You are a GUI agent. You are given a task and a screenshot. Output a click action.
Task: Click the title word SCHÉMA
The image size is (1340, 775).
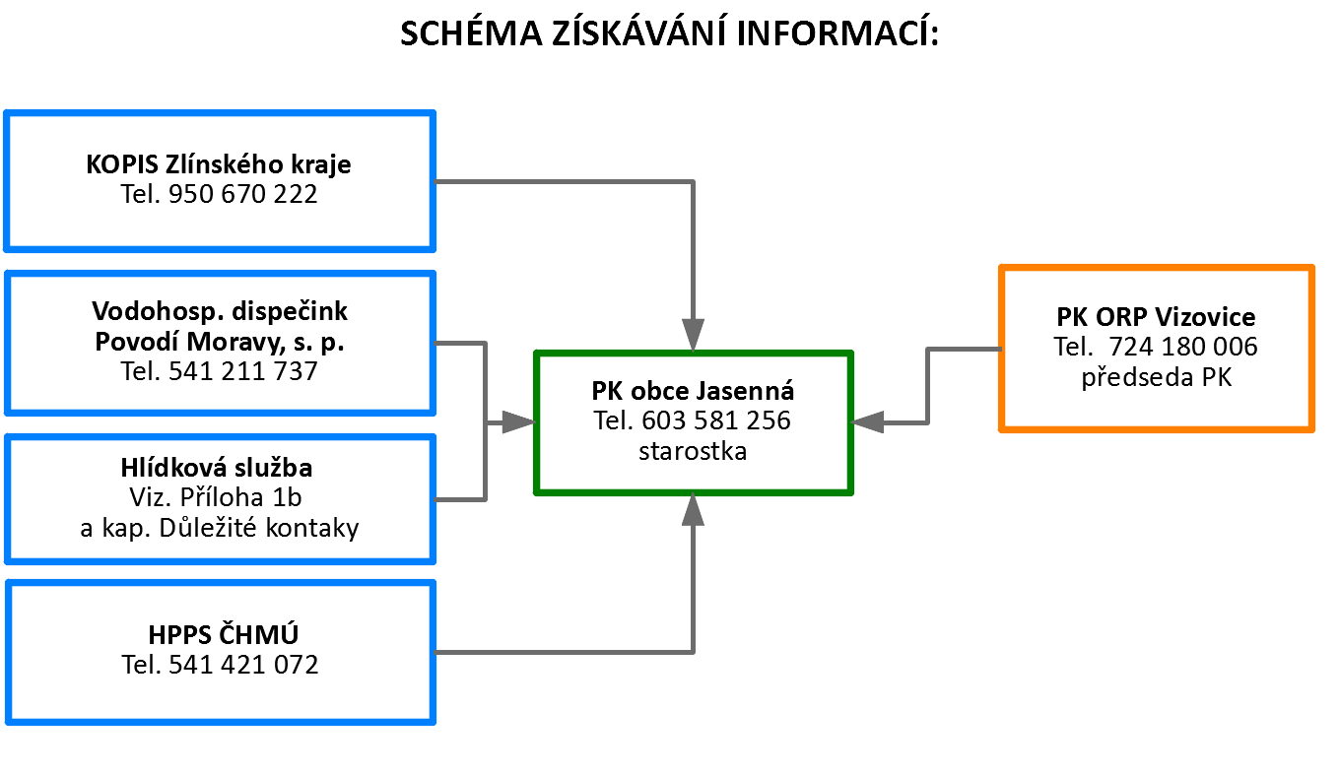pyautogui.click(x=471, y=32)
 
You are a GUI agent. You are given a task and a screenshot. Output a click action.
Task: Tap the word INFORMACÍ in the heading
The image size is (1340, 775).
pyautogui.click(x=837, y=32)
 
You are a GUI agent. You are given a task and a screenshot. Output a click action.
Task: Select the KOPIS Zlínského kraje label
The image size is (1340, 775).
pyautogui.click(x=219, y=163)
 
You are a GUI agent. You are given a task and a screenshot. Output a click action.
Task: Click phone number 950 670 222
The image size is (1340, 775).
pyautogui.click(x=242, y=194)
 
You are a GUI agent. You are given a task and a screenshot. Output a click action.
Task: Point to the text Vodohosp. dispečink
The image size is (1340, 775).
pyautogui.click(x=220, y=311)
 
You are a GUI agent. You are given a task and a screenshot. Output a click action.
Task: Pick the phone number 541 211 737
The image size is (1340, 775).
pyautogui.click(x=242, y=371)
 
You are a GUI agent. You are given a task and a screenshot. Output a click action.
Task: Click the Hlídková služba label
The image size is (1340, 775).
pyautogui.click(x=217, y=468)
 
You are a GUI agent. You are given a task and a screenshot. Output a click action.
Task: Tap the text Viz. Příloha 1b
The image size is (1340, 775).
pyautogui.click(x=216, y=497)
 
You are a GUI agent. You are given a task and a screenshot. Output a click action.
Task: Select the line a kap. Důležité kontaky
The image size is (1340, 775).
pyautogui.click(x=220, y=528)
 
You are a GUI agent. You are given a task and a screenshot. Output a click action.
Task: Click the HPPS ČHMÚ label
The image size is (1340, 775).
pyautogui.click(x=223, y=634)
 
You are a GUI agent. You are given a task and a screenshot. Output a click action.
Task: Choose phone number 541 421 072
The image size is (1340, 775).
pyautogui.click(x=243, y=665)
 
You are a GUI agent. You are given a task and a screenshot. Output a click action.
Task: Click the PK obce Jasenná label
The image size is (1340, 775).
pyautogui.click(x=693, y=391)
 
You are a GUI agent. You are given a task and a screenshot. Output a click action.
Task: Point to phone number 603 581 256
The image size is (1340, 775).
pyautogui.click(x=716, y=420)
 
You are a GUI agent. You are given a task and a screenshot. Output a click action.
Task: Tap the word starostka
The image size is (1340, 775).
pyautogui.click(x=693, y=451)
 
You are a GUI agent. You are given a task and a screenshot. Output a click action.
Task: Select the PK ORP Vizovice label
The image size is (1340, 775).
pyautogui.click(x=1156, y=317)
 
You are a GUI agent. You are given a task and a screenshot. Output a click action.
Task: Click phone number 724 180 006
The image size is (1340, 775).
pyautogui.click(x=1182, y=347)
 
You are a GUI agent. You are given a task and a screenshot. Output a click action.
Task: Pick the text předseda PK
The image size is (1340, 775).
pyautogui.click(x=1157, y=377)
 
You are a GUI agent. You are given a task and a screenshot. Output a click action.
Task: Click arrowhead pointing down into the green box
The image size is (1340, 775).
pyautogui.click(x=693, y=336)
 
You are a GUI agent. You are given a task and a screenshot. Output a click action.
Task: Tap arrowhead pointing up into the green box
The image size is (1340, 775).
pyautogui.click(x=693, y=509)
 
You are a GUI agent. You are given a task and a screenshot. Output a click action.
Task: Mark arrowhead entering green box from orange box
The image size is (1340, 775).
pyautogui.click(x=867, y=422)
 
